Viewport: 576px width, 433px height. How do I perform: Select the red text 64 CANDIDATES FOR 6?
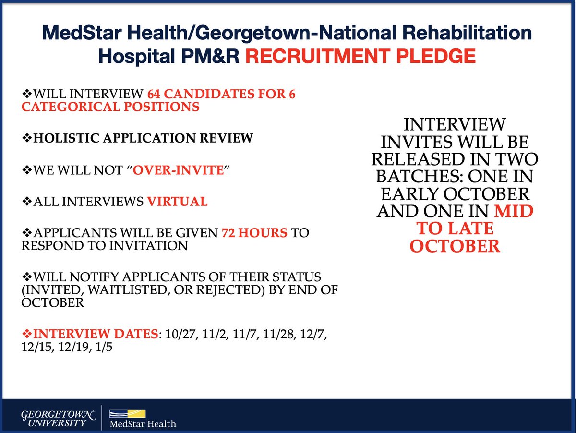(x=221, y=94)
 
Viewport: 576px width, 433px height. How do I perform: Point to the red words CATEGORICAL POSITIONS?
(x=110, y=107)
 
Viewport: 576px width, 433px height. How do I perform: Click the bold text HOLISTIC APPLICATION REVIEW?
(x=142, y=139)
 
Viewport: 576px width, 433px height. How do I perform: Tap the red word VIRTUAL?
(x=177, y=202)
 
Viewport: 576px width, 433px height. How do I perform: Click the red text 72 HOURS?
(x=254, y=233)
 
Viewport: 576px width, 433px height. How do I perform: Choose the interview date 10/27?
(x=179, y=334)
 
